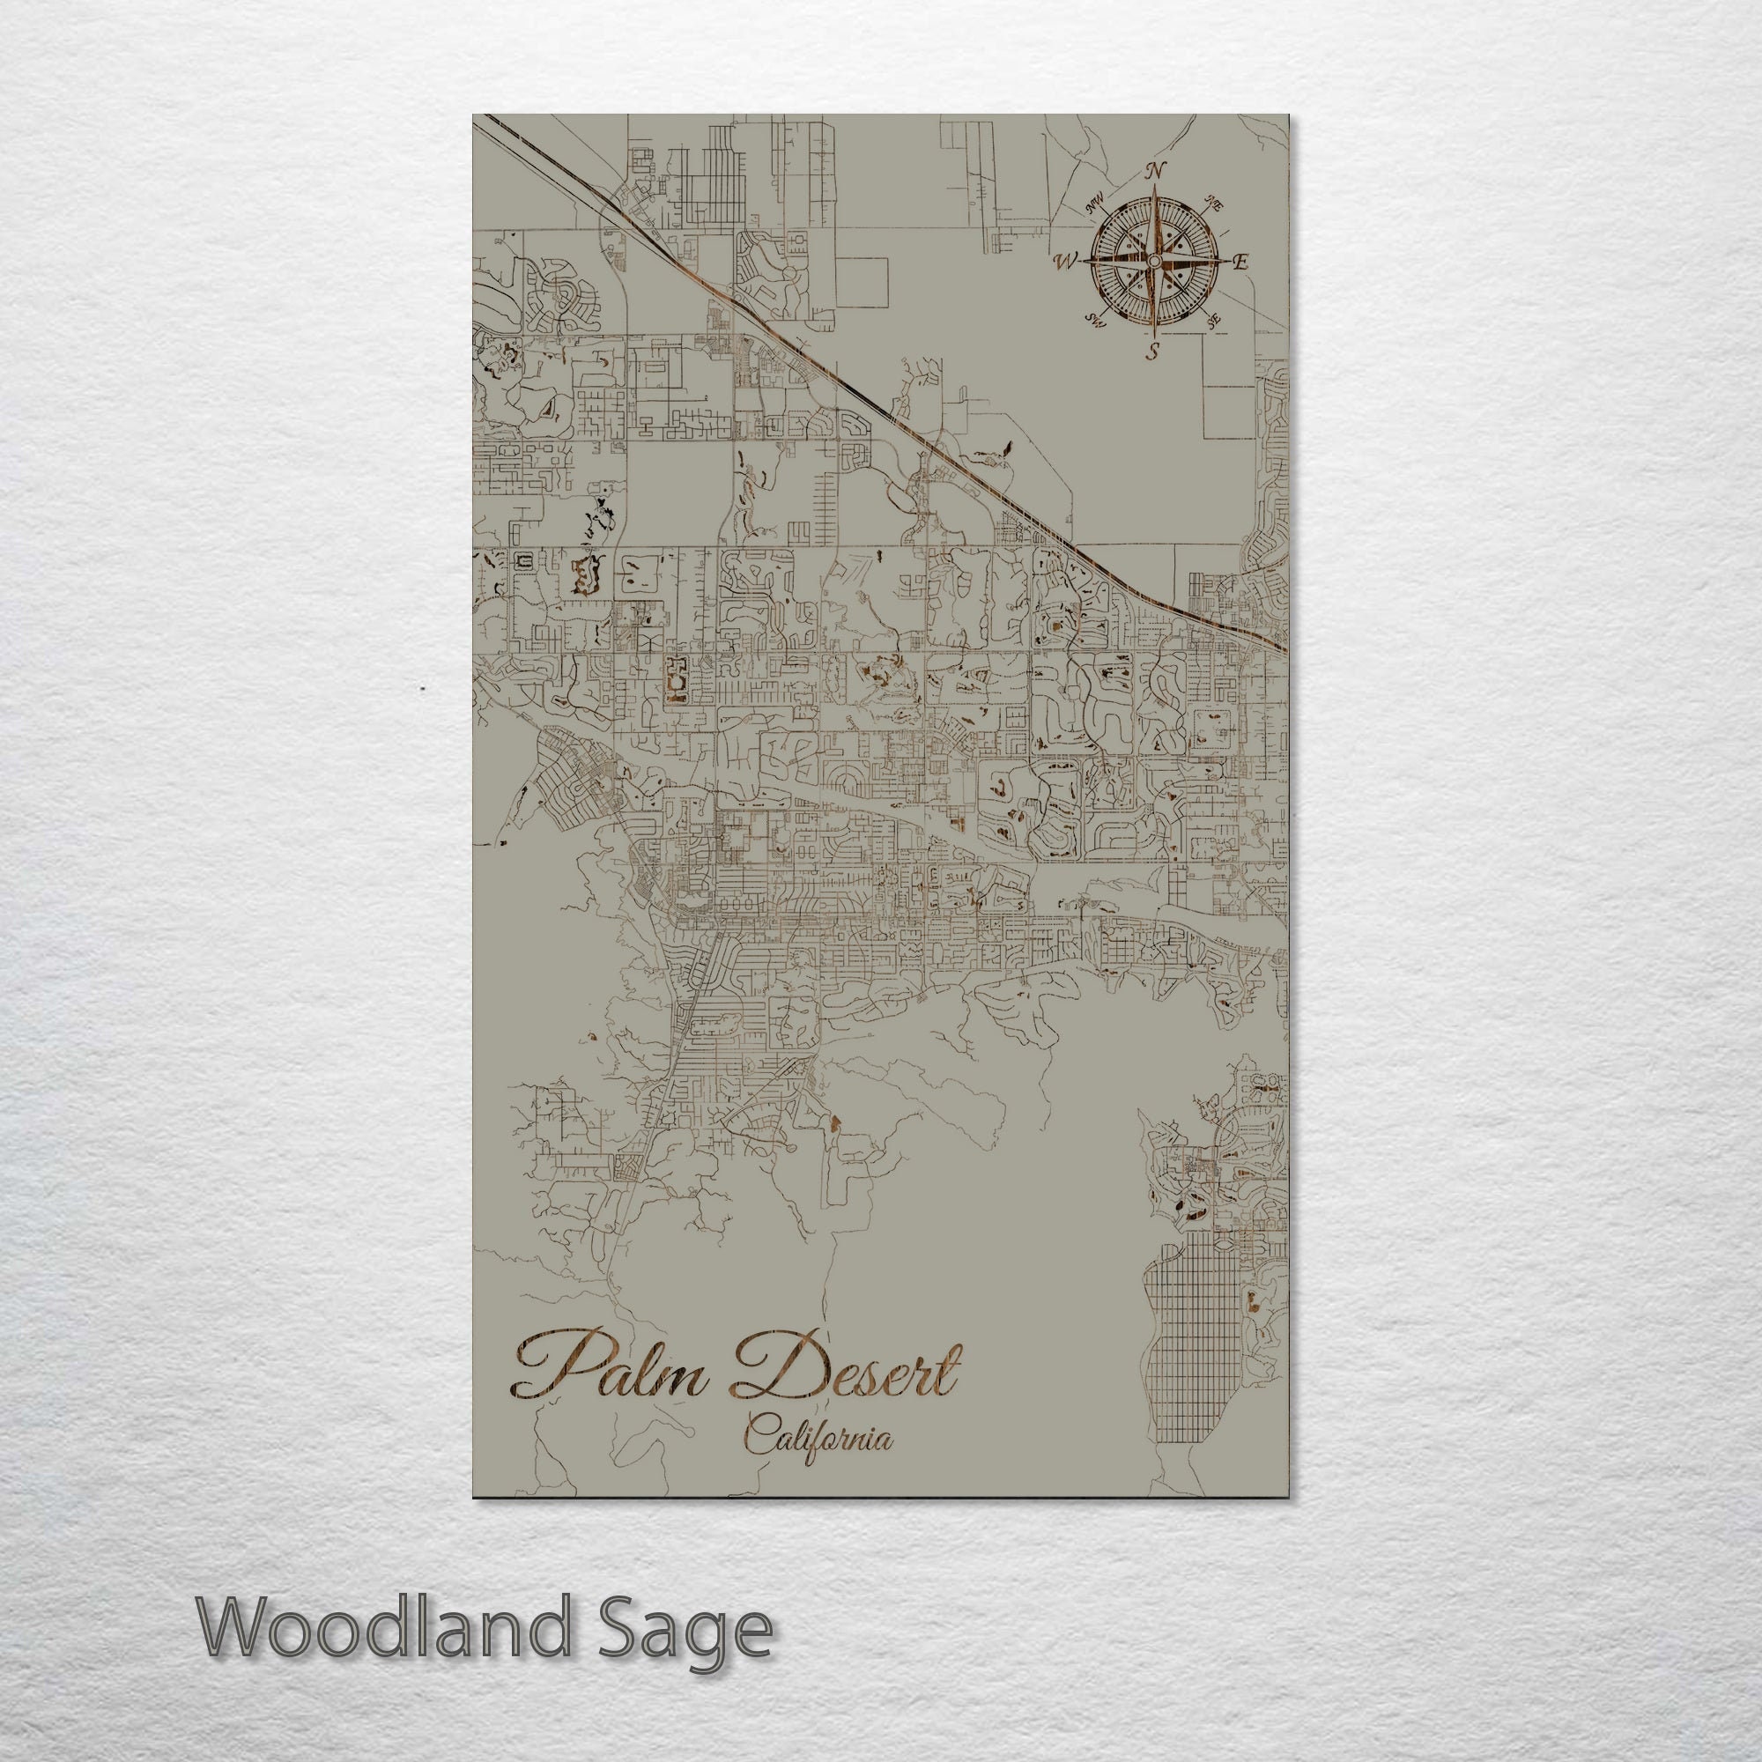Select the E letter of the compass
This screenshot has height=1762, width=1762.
click(x=1240, y=263)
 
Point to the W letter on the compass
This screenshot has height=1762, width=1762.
click(x=1063, y=263)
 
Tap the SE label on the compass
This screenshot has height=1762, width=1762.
click(x=1212, y=321)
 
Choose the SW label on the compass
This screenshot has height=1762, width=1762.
click(x=1094, y=319)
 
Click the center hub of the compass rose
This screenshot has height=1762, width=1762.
click(x=1152, y=262)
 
